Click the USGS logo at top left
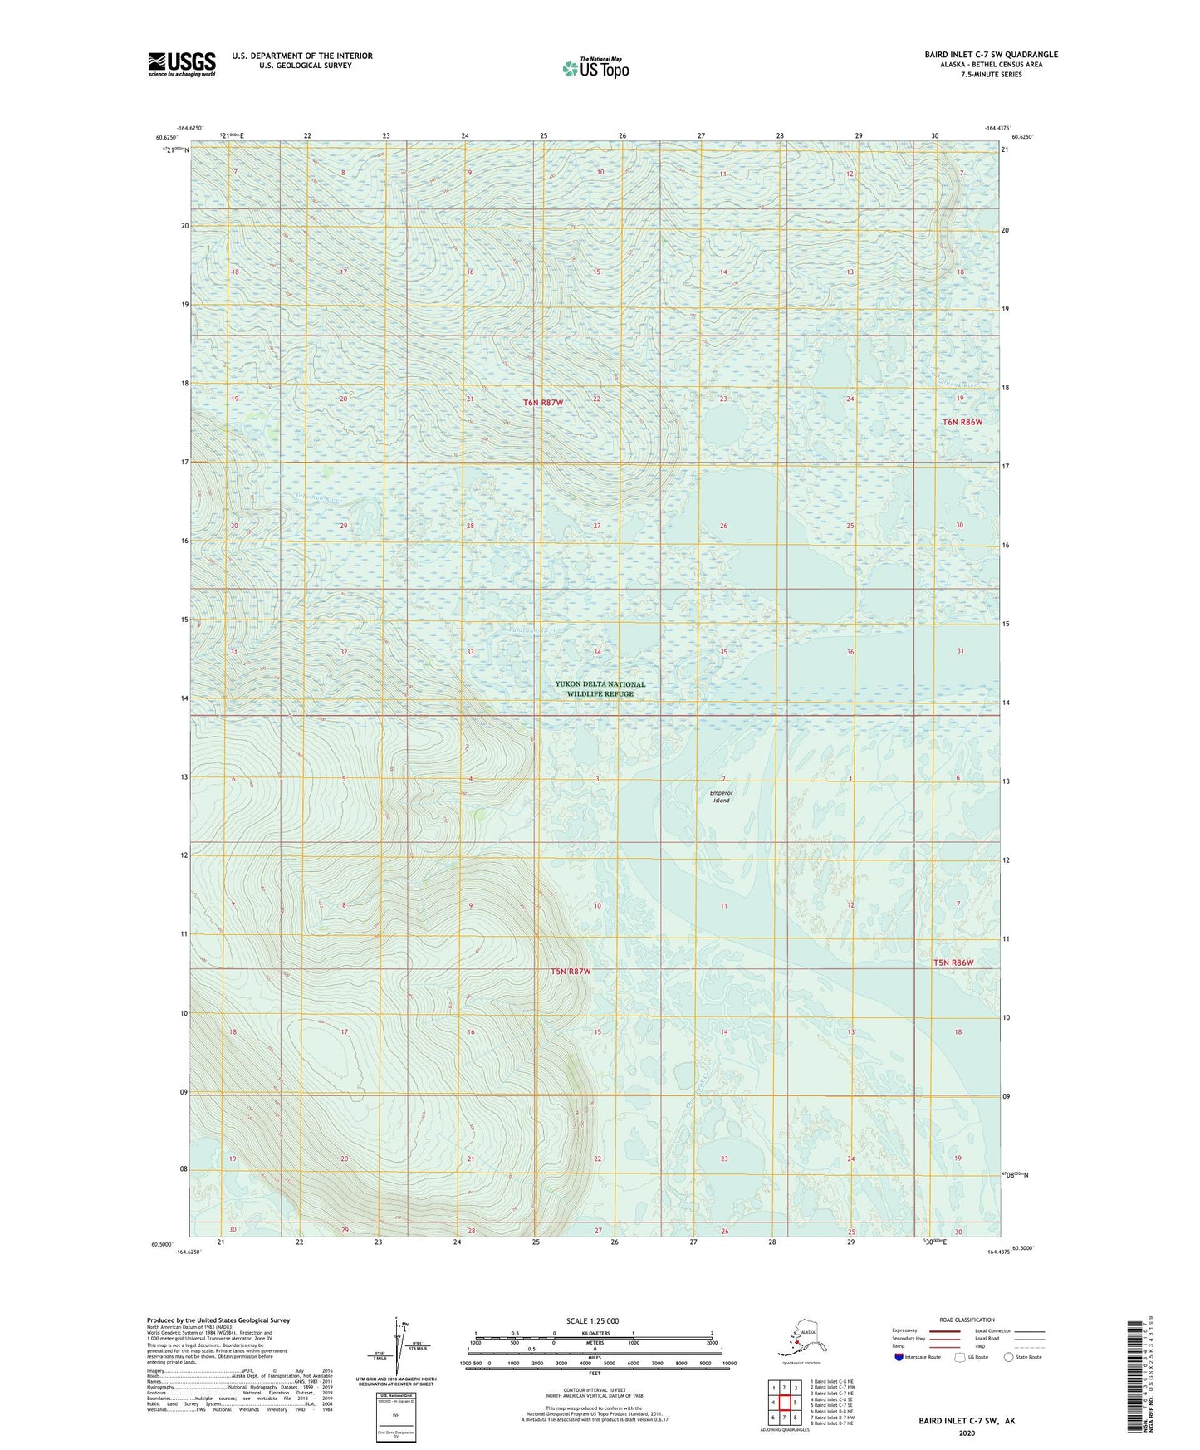[181, 64]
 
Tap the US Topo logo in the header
[595, 68]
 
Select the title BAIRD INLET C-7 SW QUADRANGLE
[991, 55]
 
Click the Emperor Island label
[721, 796]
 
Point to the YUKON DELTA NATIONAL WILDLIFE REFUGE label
[600, 689]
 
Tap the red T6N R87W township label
[543, 403]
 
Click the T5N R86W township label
[953, 963]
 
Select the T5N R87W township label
[571, 971]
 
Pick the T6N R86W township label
[962, 422]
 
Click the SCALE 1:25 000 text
[591, 1321]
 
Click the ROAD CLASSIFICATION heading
[967, 1320]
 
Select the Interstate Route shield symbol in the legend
[899, 1357]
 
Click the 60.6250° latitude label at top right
[1022, 137]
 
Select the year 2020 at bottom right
[967, 1433]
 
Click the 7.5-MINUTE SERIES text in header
[991, 75]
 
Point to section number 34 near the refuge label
[597, 652]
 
